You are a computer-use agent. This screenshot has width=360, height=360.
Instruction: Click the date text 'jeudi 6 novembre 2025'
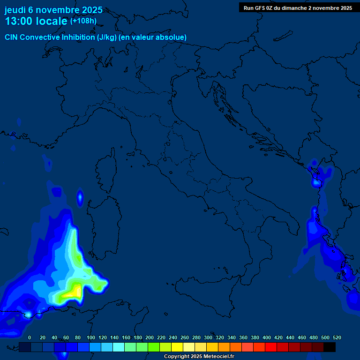click(53, 10)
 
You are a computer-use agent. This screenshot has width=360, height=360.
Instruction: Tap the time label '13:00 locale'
click(37, 21)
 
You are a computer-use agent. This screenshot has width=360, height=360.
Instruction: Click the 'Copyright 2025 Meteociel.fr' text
click(199, 356)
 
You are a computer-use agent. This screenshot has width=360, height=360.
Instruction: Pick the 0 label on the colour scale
click(30, 337)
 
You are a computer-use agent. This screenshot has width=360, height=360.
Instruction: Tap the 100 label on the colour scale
click(91, 337)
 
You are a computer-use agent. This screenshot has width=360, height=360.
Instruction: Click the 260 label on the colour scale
click(184, 337)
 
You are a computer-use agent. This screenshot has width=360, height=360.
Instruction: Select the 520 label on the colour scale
click(337, 337)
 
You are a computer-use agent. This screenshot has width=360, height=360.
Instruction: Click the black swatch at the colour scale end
click(330, 347)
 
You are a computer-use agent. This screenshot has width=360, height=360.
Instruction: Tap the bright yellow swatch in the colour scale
click(177, 347)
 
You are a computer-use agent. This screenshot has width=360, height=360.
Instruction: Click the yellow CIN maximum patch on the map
click(73, 292)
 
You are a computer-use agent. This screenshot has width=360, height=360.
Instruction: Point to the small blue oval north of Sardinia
click(80, 198)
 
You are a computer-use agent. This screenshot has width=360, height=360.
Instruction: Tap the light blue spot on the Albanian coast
click(317, 181)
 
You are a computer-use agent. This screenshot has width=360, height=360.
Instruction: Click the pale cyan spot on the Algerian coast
click(28, 314)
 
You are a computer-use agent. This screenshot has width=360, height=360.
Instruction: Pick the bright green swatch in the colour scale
click(154, 347)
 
